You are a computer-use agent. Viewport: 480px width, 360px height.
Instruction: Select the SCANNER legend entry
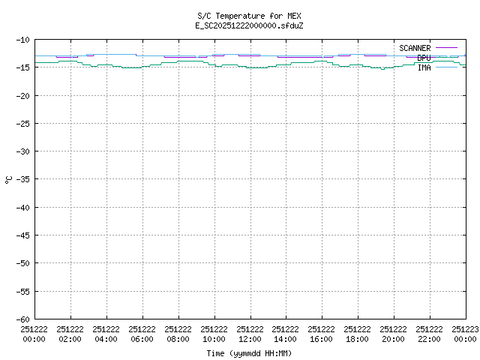pos(415,48)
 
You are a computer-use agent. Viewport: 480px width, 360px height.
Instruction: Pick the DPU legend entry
pos(424,58)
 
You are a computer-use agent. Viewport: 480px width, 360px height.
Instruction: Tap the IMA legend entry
pos(424,67)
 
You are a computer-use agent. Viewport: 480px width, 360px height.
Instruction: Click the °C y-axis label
pos(8,179)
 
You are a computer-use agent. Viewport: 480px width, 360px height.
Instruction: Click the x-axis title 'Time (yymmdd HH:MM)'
pos(249,353)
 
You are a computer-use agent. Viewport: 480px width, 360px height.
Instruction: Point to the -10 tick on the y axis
pos(22,40)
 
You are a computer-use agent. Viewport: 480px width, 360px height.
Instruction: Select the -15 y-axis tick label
pos(22,67)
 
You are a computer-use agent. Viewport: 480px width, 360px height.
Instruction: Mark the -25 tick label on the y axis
pos(22,124)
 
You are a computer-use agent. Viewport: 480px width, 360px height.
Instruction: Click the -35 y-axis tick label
pos(22,179)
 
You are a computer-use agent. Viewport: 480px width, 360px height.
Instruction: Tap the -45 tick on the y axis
pos(22,235)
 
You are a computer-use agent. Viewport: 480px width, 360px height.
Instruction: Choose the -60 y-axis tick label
pos(22,319)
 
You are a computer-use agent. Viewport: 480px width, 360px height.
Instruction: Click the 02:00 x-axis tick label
pos(70,333)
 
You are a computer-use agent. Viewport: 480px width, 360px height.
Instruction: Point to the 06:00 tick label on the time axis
pos(142,333)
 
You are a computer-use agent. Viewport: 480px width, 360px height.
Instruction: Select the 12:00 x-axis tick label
pos(250,333)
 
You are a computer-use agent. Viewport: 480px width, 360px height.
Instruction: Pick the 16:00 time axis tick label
pos(322,333)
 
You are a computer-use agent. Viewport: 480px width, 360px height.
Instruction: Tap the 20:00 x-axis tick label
pos(394,333)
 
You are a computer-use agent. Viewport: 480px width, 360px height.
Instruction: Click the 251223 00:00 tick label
pos(465,333)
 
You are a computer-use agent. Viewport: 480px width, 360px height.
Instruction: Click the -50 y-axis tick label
pos(22,263)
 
